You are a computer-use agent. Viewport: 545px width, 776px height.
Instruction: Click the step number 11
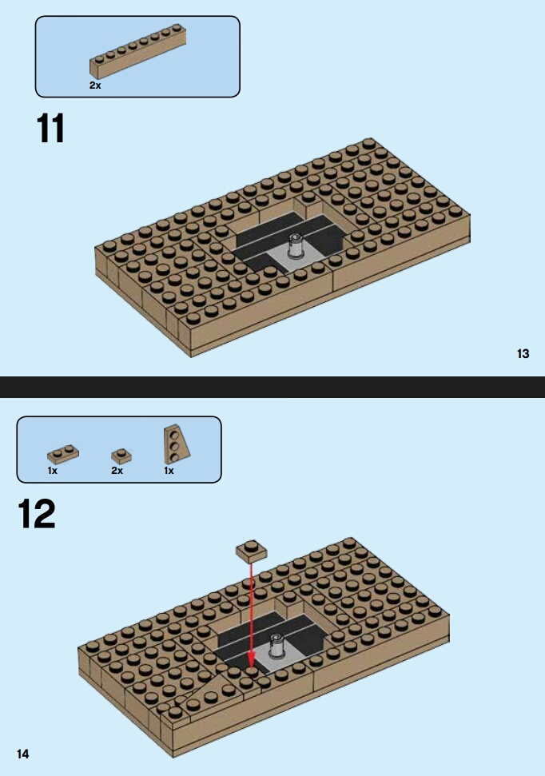pyautogui.click(x=50, y=128)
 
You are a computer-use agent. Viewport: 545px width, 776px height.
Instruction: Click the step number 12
pyautogui.click(x=37, y=514)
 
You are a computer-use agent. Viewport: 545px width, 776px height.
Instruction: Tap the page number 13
pyautogui.click(x=523, y=353)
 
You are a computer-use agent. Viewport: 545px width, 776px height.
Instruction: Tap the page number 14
pyautogui.click(x=22, y=754)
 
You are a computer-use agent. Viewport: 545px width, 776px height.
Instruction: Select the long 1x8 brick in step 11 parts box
pyautogui.click(x=137, y=51)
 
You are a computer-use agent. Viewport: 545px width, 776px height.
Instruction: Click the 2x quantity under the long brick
pyautogui.click(x=95, y=86)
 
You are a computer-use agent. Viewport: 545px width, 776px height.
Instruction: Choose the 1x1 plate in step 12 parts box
pyautogui.click(x=121, y=456)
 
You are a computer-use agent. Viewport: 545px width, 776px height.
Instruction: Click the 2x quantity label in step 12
pyautogui.click(x=117, y=471)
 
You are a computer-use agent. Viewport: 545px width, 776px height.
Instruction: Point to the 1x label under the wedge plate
pyautogui.click(x=169, y=471)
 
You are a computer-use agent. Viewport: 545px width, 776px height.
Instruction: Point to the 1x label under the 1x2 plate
pyautogui.click(x=53, y=471)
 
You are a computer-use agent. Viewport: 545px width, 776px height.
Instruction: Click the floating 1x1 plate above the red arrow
pyautogui.click(x=252, y=551)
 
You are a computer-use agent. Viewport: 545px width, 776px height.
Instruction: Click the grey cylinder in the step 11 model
pyautogui.click(x=296, y=245)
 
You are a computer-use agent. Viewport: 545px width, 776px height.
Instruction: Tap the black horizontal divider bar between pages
pyautogui.click(x=272, y=387)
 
